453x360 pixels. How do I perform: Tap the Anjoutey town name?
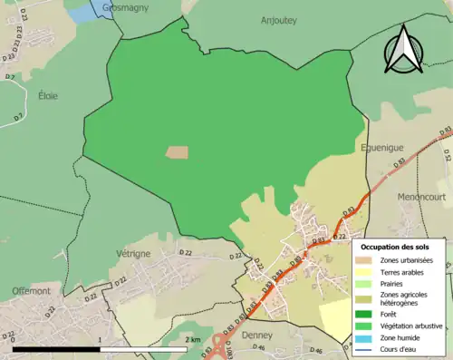pos(278,20)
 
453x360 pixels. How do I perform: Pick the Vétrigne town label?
pos(132,254)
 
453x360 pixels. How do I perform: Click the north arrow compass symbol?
pos(401,49)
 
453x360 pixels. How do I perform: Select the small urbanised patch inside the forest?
pos(178,152)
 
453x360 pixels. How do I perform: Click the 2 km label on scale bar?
pos(192,339)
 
